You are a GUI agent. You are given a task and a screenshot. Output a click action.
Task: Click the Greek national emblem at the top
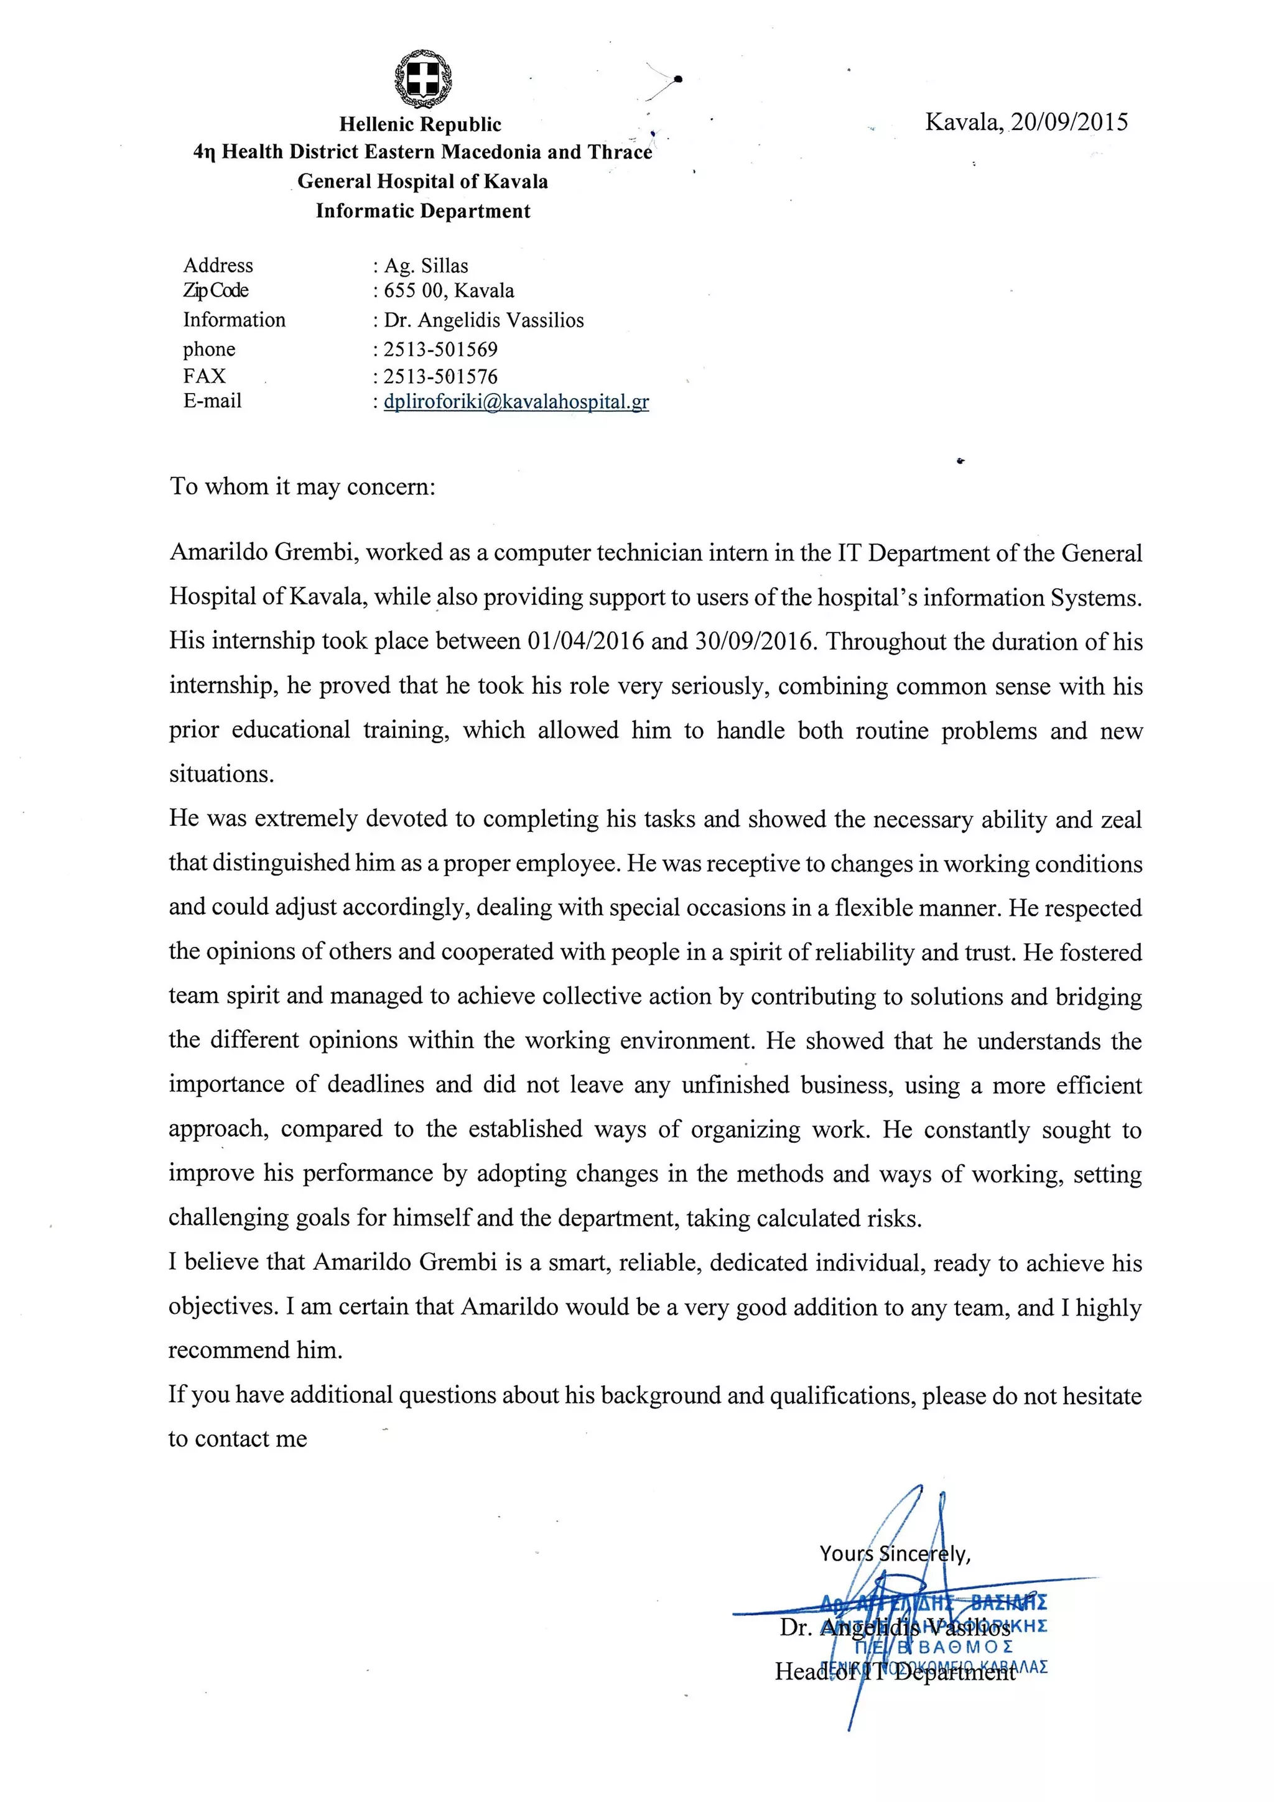[422, 78]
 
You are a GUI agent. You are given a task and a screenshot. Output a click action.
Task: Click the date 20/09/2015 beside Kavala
[1069, 122]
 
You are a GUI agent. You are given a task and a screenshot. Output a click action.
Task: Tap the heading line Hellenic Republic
[420, 124]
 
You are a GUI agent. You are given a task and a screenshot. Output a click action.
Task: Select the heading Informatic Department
[423, 211]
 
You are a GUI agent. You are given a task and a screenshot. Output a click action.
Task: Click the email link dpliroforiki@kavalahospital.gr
[516, 402]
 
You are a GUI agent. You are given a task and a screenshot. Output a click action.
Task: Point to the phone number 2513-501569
[440, 349]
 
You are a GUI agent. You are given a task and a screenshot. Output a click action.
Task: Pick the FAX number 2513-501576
[440, 377]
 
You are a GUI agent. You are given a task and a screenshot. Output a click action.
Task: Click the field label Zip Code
[216, 290]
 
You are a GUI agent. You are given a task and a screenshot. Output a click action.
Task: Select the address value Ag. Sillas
[426, 266]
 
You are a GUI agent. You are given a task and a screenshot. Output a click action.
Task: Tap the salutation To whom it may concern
[302, 487]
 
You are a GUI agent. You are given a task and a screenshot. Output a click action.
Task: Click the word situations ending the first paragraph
[221, 775]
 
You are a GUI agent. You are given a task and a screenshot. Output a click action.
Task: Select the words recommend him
[255, 1350]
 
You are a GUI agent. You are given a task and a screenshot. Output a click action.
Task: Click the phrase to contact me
[237, 1439]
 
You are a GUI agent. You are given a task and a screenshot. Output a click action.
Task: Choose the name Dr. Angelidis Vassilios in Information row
[483, 320]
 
